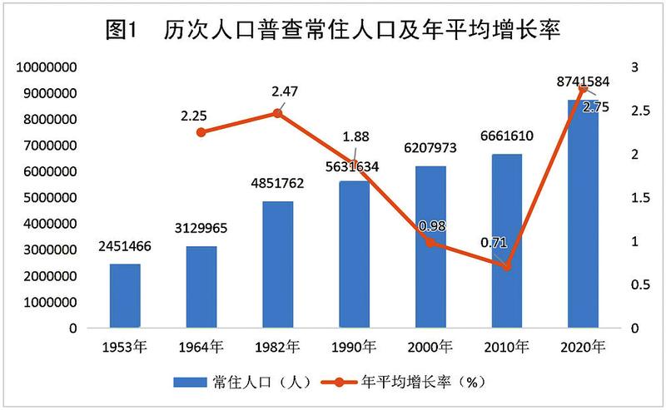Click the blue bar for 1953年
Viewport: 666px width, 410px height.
click(x=125, y=296)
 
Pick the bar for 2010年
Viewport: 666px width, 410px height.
click(x=506, y=241)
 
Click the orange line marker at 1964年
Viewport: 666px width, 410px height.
click(x=201, y=131)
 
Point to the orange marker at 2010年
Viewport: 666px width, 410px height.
click(x=506, y=266)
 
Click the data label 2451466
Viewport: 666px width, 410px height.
click(x=126, y=247)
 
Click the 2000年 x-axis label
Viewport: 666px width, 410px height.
click(x=430, y=347)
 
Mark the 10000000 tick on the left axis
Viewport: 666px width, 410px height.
click(x=47, y=67)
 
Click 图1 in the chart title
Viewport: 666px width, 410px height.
click(x=127, y=32)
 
